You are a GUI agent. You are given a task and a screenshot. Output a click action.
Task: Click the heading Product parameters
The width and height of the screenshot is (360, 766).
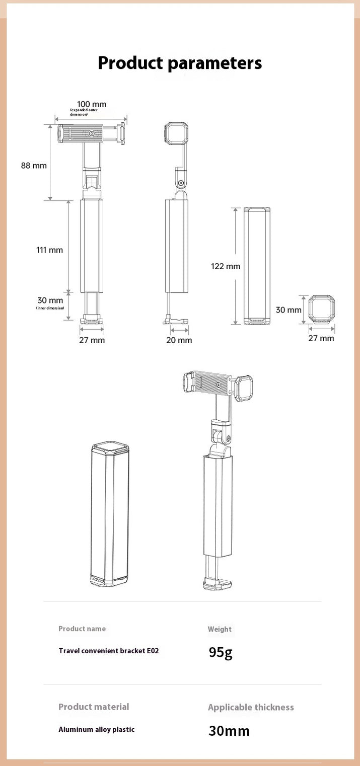coord(180,63)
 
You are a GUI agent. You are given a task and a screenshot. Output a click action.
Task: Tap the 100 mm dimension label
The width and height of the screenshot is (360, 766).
coord(91,104)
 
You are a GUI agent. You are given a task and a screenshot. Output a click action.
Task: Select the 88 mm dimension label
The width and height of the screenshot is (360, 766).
coord(34,166)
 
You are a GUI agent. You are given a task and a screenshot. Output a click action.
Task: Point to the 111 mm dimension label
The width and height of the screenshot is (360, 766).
coord(50,250)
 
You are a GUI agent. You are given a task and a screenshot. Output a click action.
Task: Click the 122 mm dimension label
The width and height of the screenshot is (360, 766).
coord(226,266)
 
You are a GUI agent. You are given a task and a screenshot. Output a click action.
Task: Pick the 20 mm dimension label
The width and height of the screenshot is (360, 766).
coord(179,340)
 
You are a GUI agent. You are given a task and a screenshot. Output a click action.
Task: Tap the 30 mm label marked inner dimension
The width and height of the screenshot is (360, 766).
coord(50,300)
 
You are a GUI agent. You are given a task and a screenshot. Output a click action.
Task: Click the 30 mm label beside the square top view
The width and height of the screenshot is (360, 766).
coord(289,310)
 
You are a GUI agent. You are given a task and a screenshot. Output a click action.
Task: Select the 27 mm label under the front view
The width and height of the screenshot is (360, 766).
coord(92,340)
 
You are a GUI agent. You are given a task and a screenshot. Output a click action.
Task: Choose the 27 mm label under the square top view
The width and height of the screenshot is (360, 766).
coord(321,338)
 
